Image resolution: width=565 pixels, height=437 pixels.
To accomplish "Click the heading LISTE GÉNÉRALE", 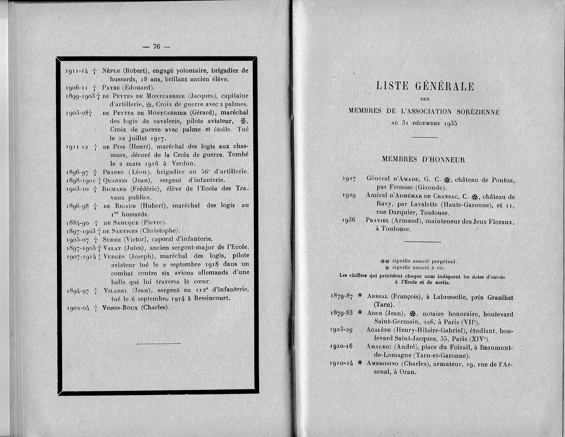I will pos(425,86).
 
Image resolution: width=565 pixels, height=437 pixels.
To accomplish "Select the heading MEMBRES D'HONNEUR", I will pos(423,160).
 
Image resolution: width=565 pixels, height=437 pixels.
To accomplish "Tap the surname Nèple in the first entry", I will pos(111,71).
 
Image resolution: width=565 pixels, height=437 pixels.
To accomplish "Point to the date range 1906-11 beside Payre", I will pos(77,88).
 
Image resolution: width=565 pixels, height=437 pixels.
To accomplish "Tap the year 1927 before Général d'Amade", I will pos(352,179).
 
